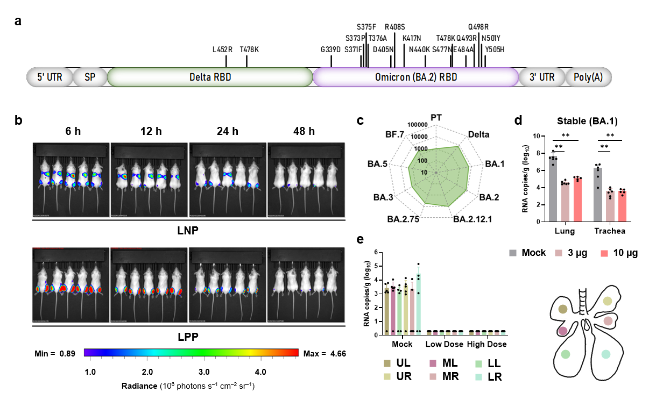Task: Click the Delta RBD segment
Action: tap(210, 77)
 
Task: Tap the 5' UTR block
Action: tap(50, 77)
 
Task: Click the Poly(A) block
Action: tap(588, 77)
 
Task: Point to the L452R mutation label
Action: tap(222, 49)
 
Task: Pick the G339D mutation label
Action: tap(330, 49)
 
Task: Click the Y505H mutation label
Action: tap(494, 49)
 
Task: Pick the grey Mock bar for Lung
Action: tap(553, 188)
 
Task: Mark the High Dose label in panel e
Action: tap(486, 344)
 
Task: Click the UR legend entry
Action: tap(398, 376)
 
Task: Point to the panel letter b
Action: tap(19, 120)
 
